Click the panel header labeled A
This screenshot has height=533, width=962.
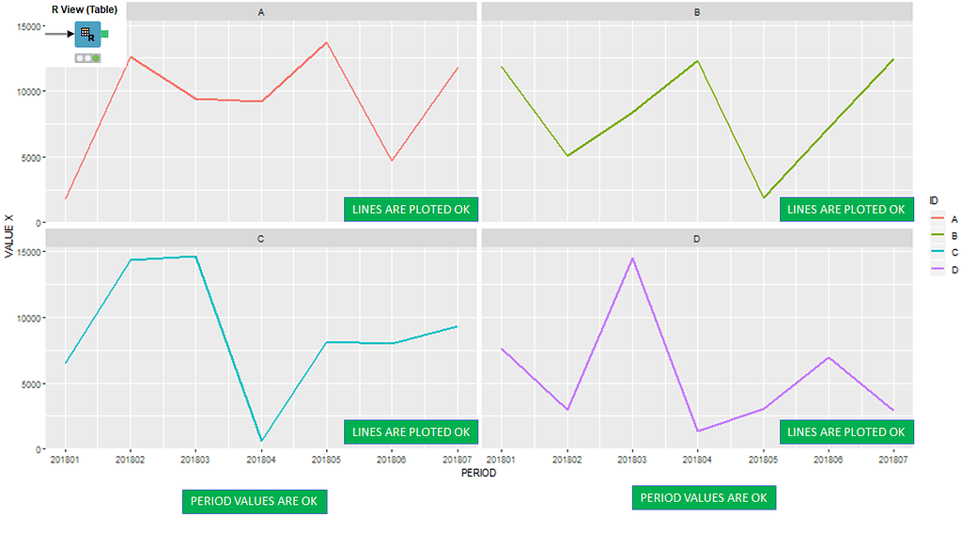click(260, 12)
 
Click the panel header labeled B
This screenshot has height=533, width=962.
click(696, 12)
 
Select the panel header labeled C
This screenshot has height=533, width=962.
click(260, 239)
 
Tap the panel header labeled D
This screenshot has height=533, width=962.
click(696, 239)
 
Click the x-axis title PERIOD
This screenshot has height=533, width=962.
click(478, 474)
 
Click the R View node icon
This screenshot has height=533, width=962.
click(86, 34)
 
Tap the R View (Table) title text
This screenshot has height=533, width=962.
click(85, 9)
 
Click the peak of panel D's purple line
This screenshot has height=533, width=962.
click(632, 258)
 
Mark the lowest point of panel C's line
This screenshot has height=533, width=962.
click(261, 441)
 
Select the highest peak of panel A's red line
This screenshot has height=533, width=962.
click(326, 42)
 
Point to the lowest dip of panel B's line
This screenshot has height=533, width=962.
click(763, 198)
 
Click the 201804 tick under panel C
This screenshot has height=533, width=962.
click(261, 460)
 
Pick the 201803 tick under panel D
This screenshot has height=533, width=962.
click(632, 460)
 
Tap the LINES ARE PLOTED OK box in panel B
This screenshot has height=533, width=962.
click(846, 209)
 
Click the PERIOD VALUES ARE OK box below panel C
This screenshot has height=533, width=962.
click(255, 501)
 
